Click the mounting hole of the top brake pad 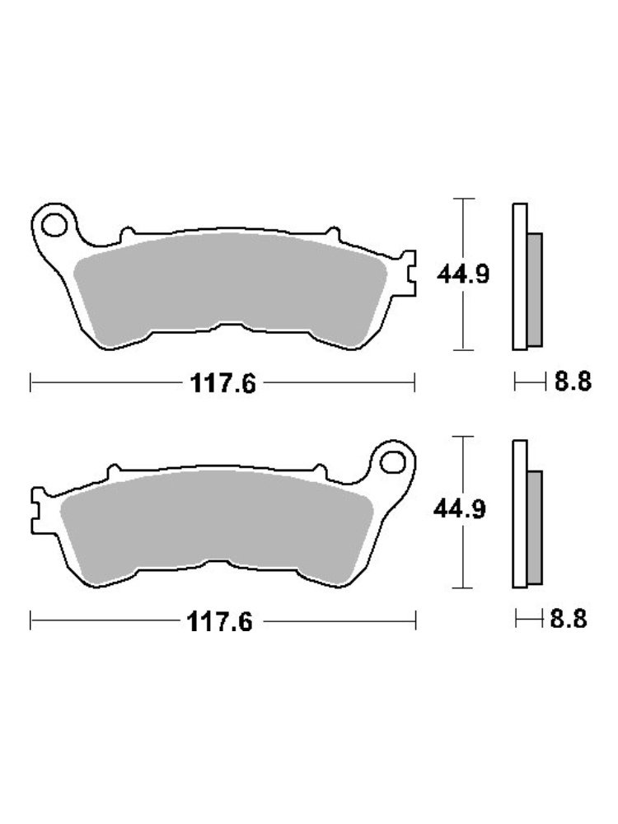(54, 225)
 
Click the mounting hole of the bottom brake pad (392, 462)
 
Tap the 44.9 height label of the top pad (463, 274)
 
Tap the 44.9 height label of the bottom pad (460, 509)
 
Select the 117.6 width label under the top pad (222, 383)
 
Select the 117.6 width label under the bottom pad (220, 622)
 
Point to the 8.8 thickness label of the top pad (573, 381)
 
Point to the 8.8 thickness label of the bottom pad (569, 619)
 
